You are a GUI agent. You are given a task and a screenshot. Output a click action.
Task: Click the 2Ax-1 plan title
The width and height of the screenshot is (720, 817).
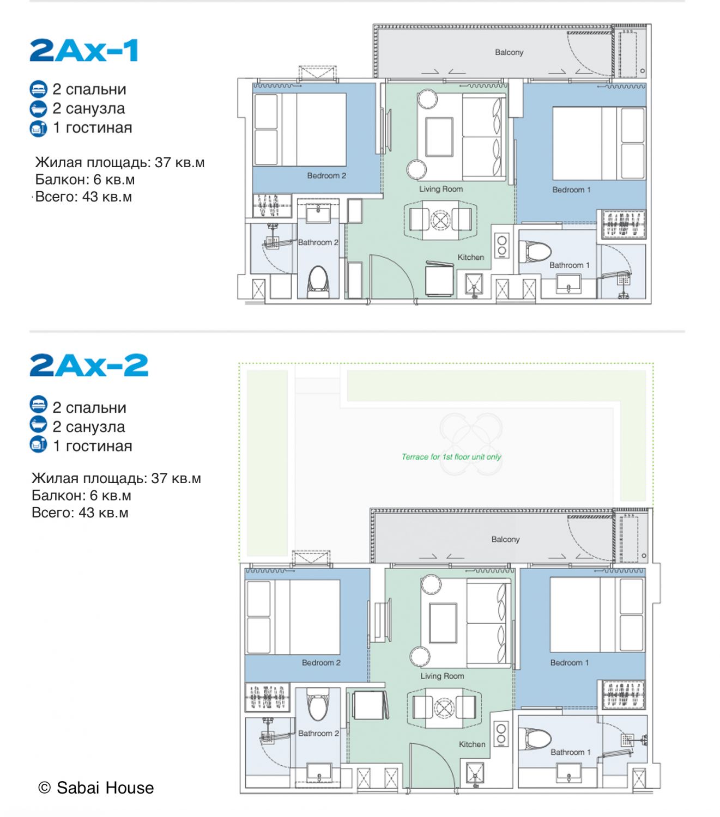tap(84, 50)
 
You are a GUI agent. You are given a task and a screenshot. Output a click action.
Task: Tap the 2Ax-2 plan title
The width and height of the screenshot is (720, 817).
tap(89, 365)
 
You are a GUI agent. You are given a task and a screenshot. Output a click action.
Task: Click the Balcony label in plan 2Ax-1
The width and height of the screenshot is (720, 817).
tap(509, 52)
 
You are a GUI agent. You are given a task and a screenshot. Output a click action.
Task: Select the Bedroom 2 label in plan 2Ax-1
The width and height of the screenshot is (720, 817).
tap(326, 175)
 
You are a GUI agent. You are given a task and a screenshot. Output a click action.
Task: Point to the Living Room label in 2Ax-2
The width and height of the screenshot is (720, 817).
tap(443, 676)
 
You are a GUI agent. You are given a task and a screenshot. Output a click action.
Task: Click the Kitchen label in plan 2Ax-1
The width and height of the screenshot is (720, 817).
tap(470, 257)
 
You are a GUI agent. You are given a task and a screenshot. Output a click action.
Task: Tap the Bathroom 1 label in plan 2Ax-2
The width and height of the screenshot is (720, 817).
tap(570, 752)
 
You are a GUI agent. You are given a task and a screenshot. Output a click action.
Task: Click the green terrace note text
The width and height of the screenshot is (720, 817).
tap(451, 457)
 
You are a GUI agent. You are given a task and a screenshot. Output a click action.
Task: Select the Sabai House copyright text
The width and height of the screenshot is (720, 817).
tap(96, 788)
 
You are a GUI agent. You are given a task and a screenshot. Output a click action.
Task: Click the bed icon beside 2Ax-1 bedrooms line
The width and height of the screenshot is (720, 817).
tap(38, 89)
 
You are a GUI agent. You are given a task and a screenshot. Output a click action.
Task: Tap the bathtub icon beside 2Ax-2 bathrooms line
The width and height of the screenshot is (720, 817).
tap(38, 425)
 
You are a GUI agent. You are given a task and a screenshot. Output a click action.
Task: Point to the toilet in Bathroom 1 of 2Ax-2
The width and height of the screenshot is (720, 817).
tap(535, 739)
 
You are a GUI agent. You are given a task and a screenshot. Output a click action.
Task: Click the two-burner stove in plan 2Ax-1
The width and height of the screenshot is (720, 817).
tap(501, 246)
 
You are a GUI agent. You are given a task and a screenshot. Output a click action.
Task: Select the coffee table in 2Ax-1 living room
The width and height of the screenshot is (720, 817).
tap(439, 137)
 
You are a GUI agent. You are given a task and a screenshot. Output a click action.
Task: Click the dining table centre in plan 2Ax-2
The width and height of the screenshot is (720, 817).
tap(444, 708)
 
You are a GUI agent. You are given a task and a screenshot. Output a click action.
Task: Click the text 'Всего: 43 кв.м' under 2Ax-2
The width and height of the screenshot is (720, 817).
tap(80, 513)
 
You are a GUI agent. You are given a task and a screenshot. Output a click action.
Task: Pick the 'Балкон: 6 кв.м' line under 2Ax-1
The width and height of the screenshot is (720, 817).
tap(84, 179)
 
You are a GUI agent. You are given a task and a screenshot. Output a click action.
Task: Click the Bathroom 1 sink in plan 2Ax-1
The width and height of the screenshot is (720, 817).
tap(568, 284)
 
